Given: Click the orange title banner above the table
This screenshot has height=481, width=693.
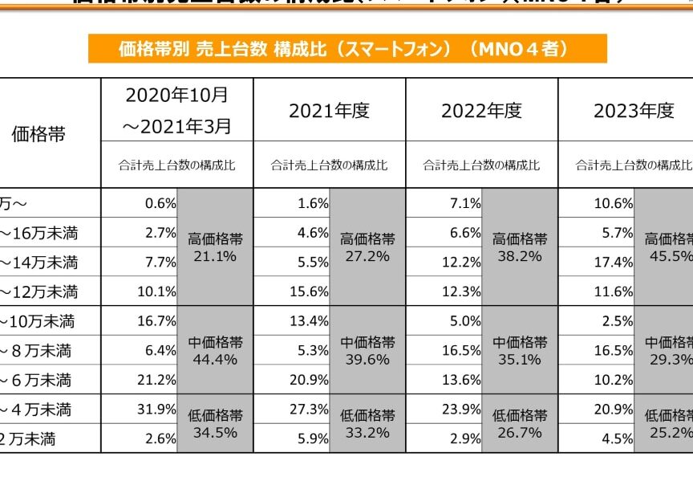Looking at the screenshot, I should [x=346, y=49].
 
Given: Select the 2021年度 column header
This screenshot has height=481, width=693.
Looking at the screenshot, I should [x=329, y=111].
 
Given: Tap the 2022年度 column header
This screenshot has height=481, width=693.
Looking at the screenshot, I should [x=481, y=111].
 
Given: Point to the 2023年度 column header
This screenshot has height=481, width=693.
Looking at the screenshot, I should [x=633, y=111].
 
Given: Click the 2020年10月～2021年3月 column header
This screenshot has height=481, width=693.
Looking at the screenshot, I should [x=177, y=110].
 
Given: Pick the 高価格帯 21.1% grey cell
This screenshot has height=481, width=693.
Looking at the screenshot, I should [x=215, y=247].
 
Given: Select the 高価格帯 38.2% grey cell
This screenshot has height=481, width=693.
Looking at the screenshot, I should [x=520, y=247].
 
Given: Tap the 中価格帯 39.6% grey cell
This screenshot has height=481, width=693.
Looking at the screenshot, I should [x=367, y=350].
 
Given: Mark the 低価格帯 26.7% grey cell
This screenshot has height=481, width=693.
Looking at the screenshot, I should [x=520, y=424].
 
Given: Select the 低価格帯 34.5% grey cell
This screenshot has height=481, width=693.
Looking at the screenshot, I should [x=215, y=424].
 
